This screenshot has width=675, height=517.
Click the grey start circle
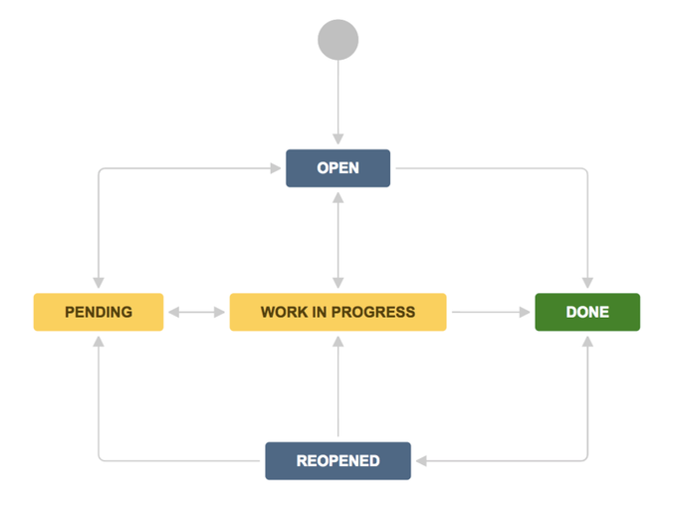point(337,40)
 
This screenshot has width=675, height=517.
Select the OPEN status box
point(337,168)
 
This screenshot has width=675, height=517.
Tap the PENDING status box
point(99,312)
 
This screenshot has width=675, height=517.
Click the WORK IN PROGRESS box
point(337,312)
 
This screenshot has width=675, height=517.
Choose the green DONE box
point(587,312)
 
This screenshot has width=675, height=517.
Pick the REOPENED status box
point(337,460)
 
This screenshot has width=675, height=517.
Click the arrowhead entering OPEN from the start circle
point(337,139)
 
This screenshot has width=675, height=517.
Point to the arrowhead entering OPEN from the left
point(276,168)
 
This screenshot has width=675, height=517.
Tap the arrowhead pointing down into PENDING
point(99,283)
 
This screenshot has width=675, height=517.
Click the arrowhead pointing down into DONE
point(587,283)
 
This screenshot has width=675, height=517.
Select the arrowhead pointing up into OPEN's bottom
point(337,197)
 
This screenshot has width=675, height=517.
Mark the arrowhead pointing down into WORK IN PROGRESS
point(337,283)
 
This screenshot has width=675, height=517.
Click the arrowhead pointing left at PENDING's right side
point(174,312)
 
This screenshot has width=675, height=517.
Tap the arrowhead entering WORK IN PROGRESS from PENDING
point(220,312)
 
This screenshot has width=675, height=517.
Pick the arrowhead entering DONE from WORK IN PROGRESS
point(525,312)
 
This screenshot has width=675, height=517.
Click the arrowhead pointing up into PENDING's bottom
point(99,342)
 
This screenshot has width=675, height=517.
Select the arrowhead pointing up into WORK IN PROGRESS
point(337,342)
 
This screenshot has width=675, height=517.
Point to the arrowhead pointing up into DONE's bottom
point(587,342)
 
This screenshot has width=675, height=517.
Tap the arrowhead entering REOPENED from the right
point(421,460)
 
